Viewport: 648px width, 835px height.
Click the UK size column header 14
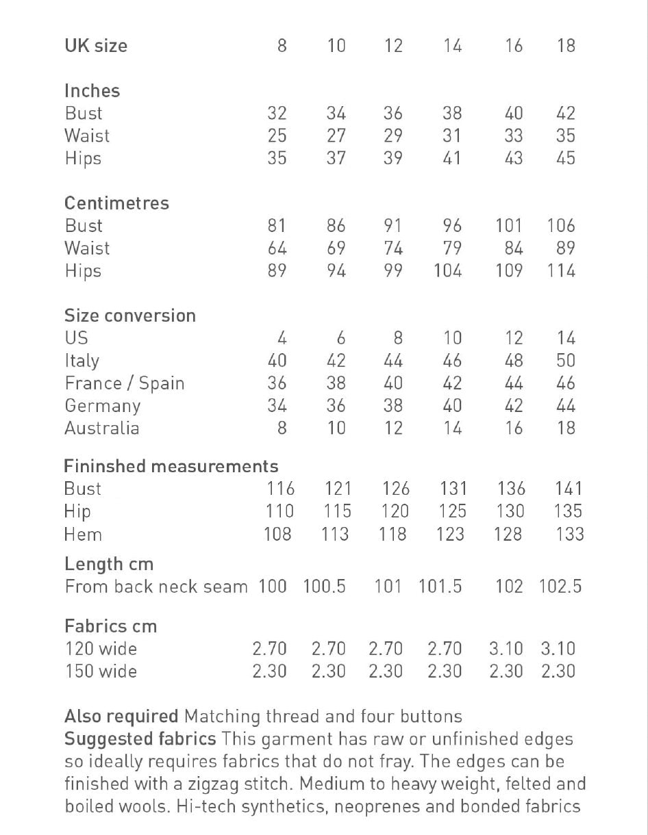pyautogui.click(x=452, y=46)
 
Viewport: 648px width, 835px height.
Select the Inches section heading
pyautogui.click(x=92, y=91)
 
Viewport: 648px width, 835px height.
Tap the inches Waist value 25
pyautogui.click(x=277, y=136)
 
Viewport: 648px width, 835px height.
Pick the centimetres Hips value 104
pyautogui.click(x=448, y=271)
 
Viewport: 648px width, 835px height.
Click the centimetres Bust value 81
pyautogui.click(x=277, y=226)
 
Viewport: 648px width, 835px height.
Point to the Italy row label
pyautogui.click(x=82, y=361)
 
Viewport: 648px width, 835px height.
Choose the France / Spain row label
pyautogui.click(x=125, y=383)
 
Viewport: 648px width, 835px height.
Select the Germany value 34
pyautogui.click(x=277, y=406)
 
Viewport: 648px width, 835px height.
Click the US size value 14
pyautogui.click(x=566, y=338)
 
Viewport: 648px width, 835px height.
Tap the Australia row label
pyautogui.click(x=101, y=428)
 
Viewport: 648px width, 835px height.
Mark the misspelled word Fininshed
pyautogui.click(x=104, y=467)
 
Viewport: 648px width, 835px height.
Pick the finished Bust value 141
pyautogui.click(x=569, y=489)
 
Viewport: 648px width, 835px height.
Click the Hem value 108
pyautogui.click(x=277, y=534)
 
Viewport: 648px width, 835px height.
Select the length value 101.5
pyautogui.click(x=440, y=587)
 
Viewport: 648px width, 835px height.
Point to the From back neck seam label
pyautogui.click(x=156, y=587)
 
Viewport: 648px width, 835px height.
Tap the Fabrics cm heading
pyautogui.click(x=110, y=626)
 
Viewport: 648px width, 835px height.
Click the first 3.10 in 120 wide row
pyautogui.click(x=506, y=649)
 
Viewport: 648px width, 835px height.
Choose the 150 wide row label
pyautogui.click(x=101, y=671)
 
